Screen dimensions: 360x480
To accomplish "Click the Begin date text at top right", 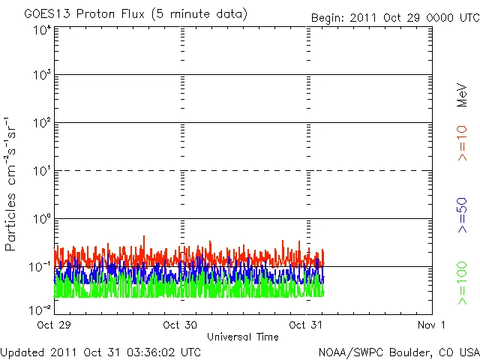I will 395,16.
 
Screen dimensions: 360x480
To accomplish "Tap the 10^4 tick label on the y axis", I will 41,30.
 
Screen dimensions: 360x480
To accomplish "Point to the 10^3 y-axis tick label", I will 41,76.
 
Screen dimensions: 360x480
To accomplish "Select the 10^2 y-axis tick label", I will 41,124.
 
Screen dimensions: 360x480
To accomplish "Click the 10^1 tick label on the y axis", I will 41,172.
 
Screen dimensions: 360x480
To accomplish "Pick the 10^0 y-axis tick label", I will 41,220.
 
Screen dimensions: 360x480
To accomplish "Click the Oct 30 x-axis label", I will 180,325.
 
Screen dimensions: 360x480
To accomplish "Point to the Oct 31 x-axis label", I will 307,325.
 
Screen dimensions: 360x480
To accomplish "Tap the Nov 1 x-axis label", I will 432,325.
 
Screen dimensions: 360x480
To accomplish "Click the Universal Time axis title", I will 243,337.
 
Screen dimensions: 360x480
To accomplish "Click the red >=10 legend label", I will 462,143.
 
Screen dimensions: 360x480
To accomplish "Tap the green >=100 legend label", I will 462,283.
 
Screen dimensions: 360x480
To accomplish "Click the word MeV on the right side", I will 462,94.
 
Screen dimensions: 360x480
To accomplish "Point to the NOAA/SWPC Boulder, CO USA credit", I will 398,352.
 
